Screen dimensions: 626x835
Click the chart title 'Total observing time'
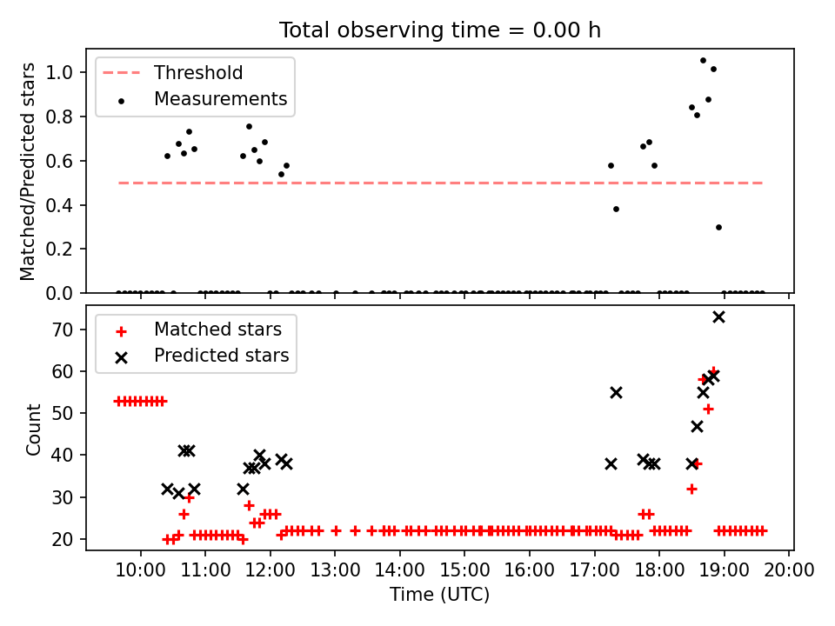(x=439, y=30)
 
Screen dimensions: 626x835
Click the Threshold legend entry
(x=198, y=73)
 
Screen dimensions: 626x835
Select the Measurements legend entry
(x=220, y=99)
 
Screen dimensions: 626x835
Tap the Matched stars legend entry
(x=217, y=330)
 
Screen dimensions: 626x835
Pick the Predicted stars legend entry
(x=221, y=356)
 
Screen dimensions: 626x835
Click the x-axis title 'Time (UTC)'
(x=439, y=595)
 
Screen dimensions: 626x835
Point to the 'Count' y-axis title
(x=34, y=429)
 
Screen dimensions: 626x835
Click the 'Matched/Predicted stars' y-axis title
(x=29, y=171)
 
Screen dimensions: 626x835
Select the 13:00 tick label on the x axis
(x=335, y=570)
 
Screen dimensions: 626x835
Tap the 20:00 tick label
(x=789, y=570)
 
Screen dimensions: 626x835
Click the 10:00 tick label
(x=140, y=570)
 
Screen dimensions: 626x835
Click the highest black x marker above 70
(x=718, y=316)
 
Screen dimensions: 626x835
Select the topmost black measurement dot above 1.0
(x=703, y=60)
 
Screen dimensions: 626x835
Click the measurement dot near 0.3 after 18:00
(x=718, y=227)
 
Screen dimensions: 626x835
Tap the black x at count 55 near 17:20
(x=616, y=392)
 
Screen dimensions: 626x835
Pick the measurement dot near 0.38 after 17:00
(x=616, y=209)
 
